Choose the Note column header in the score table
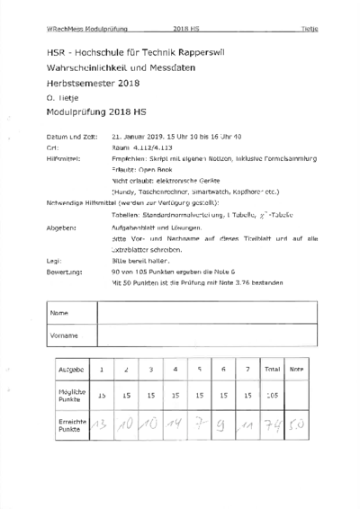[x=297, y=369]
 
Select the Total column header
[x=272, y=369]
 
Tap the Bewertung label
[x=61, y=270]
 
